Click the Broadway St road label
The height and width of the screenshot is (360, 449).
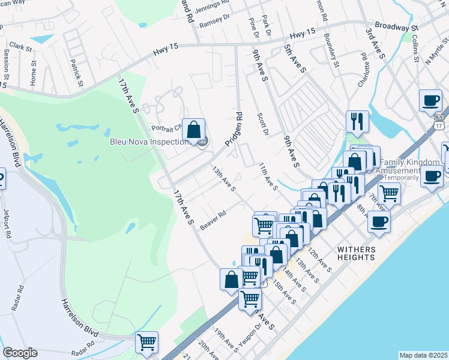pos(396,28)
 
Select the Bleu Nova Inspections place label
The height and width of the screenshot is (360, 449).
pos(149,142)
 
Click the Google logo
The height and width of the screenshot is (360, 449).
pos(20,353)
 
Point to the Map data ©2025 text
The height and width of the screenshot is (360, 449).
pos(423,355)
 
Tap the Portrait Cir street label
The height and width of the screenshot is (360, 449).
pos(166,127)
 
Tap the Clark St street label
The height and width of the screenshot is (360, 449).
pos(20,46)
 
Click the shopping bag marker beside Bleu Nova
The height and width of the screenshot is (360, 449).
pos(194,130)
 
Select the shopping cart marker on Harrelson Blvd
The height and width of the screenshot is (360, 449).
pos(146,343)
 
